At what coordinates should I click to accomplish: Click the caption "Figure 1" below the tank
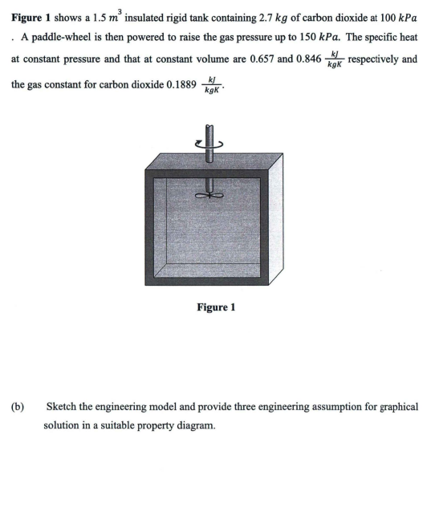click(x=216, y=307)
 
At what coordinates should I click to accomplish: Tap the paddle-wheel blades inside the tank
click(x=210, y=193)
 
